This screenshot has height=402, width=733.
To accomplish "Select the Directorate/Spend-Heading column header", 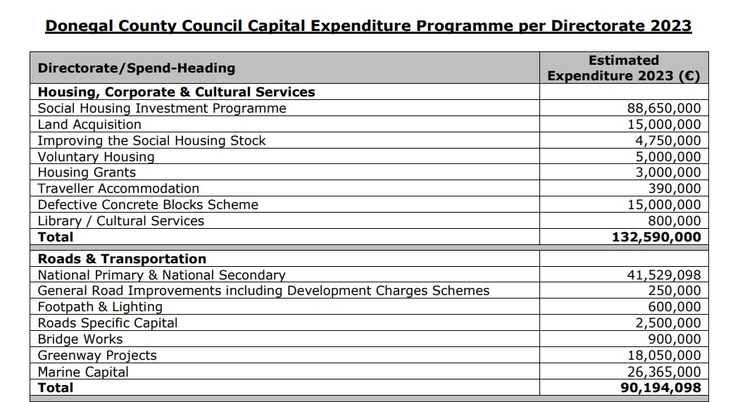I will point(137,68).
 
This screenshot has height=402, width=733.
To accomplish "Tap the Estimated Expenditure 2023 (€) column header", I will point(623,68).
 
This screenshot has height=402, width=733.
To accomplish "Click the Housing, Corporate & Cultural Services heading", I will point(176,92).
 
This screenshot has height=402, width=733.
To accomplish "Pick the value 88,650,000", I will point(664,108).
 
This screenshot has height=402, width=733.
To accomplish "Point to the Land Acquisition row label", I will point(89,125).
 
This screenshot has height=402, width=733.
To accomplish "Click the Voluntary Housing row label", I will point(96,157).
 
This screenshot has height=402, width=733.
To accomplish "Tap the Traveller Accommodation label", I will point(118,189).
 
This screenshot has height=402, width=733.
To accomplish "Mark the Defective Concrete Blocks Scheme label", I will point(148,205).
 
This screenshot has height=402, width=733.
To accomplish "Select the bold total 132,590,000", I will point(656,237).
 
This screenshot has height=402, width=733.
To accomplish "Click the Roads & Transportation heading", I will point(122,259).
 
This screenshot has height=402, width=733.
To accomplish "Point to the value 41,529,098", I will point(664,275).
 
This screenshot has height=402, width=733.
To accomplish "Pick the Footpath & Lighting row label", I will point(100,307).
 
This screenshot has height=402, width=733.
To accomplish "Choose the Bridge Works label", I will point(80,339).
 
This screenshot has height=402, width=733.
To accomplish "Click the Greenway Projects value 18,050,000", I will point(664,356).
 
